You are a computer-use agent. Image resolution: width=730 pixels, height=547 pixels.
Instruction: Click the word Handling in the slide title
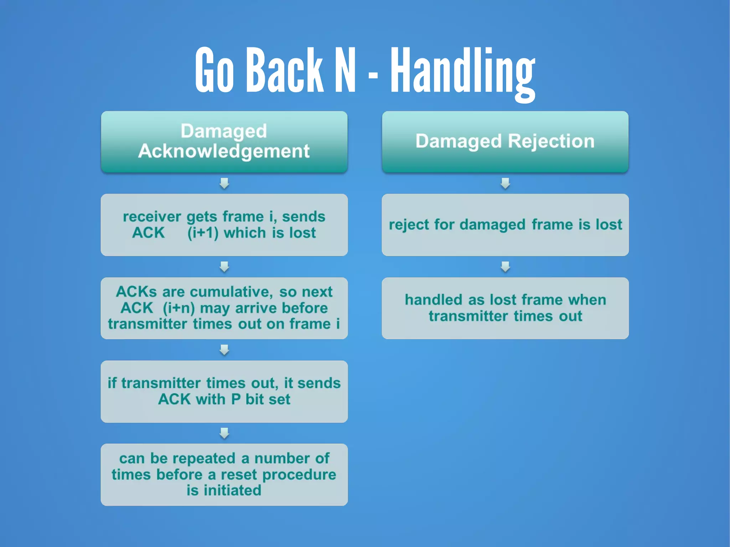pos(462,71)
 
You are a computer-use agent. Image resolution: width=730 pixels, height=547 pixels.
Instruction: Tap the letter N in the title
pos(345,70)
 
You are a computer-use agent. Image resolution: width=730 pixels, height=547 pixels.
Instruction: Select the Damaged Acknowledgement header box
pos(224,142)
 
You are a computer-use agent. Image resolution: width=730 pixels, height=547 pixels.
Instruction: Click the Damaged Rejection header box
pos(505,142)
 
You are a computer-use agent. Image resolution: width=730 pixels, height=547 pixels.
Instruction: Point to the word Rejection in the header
pos(551,141)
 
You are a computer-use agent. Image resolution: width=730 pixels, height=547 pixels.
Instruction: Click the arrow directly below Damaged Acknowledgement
pos(224,184)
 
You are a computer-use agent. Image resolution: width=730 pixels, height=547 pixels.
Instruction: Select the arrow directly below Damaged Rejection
pos(505,184)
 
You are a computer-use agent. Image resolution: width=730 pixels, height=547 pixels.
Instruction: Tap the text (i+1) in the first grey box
pos(203,233)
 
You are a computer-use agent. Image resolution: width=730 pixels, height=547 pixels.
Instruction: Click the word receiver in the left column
pos(152,217)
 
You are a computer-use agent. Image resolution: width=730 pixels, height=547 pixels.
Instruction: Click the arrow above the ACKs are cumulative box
pos(224,267)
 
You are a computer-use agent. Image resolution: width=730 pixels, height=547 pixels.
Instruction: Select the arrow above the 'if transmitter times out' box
pos(224,350)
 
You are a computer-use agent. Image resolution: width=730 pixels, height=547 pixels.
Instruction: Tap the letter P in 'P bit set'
pos(236,399)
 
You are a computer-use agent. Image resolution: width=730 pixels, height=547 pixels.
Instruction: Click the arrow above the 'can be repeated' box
pos(224,433)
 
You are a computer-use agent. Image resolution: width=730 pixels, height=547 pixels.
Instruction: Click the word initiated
pos(232,491)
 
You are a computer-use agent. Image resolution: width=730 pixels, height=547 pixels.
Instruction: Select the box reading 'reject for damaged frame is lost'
pos(505,225)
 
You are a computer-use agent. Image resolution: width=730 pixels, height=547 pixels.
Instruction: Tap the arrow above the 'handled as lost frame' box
pos(505,267)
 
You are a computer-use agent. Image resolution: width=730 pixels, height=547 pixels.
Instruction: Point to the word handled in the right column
pos(433,300)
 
